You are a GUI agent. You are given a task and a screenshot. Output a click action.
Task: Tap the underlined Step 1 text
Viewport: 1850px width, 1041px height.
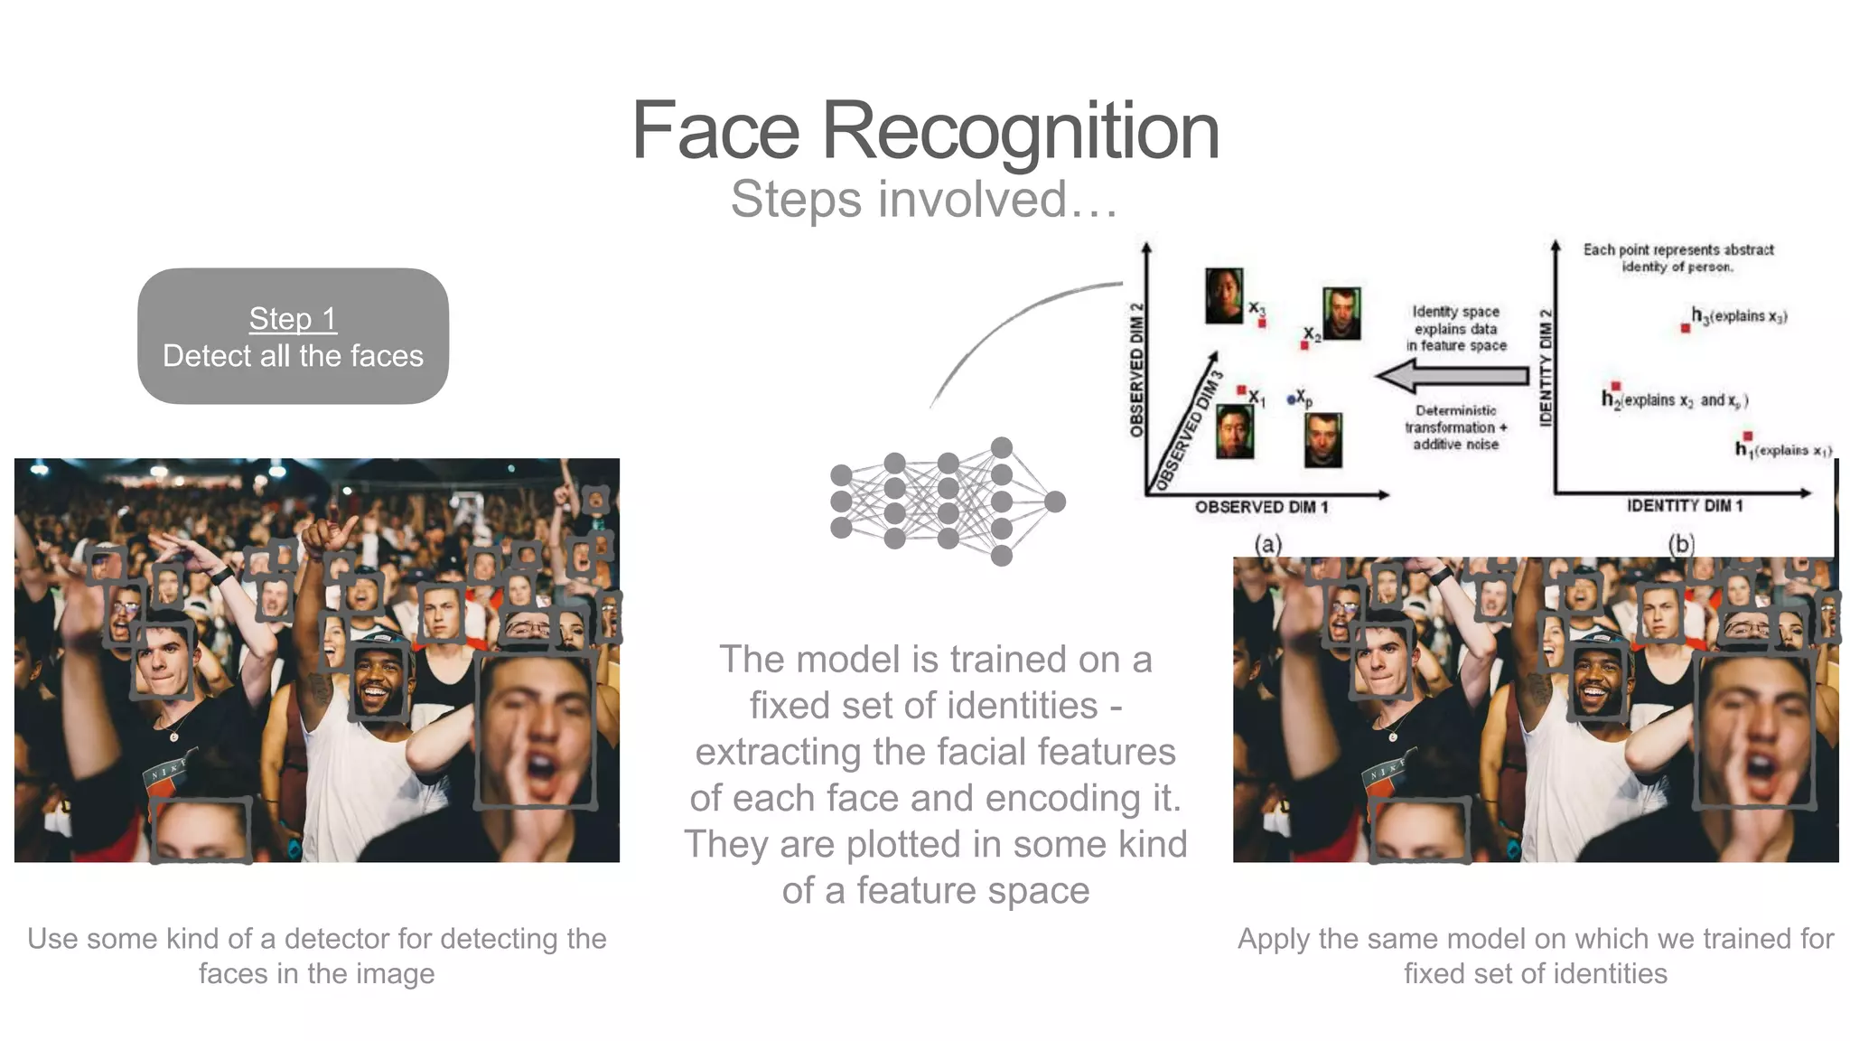pyautogui.click(x=293, y=318)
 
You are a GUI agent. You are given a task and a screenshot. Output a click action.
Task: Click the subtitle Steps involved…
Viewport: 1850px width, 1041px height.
pyautogui.click(x=924, y=199)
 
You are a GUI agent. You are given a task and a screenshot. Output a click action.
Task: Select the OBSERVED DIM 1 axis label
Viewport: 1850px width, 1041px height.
pyautogui.click(x=1261, y=507)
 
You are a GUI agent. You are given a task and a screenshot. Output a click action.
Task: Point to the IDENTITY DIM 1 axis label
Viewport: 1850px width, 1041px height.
pyautogui.click(x=1685, y=506)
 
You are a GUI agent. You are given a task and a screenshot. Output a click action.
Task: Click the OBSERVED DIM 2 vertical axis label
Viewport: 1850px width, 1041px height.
pyautogui.click(x=1137, y=370)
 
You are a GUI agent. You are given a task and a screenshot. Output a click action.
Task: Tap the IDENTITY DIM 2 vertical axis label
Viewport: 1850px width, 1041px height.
pyautogui.click(x=1546, y=367)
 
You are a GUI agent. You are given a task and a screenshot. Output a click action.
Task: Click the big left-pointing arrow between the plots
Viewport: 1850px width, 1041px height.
pyautogui.click(x=1449, y=374)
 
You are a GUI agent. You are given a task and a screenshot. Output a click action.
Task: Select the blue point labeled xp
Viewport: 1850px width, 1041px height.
pyautogui.click(x=1292, y=399)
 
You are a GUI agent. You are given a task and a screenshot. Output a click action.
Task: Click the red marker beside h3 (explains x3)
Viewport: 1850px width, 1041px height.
pyautogui.click(x=1685, y=328)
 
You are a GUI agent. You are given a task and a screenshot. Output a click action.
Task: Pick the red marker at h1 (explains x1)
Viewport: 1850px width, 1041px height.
pyautogui.click(x=1747, y=436)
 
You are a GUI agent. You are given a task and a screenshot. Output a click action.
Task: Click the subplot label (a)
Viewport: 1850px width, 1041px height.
pyautogui.click(x=1267, y=544)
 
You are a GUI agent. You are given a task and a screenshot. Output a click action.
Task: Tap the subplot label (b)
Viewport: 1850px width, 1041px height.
pyautogui.click(x=1680, y=544)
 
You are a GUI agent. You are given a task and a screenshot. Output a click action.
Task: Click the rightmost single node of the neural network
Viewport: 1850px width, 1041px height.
pyautogui.click(x=1054, y=502)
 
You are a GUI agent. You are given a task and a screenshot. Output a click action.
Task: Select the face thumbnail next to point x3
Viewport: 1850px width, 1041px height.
pyautogui.click(x=1224, y=295)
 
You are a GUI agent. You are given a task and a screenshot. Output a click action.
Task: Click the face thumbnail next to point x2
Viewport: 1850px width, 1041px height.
pyautogui.click(x=1341, y=313)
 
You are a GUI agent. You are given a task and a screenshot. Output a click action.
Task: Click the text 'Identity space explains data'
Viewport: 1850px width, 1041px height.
pyautogui.click(x=1455, y=320)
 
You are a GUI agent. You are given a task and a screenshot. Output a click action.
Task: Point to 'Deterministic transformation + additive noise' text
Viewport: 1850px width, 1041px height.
pyautogui.click(x=1455, y=427)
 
